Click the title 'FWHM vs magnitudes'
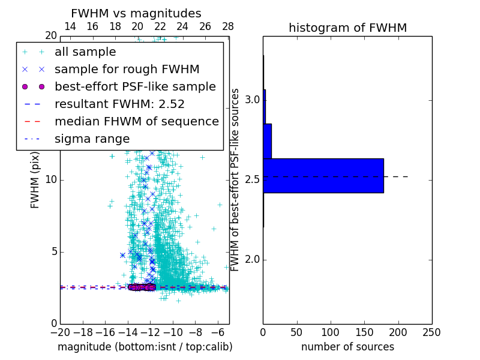[136, 13]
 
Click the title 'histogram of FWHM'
[347, 28]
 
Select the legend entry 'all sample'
[85, 52]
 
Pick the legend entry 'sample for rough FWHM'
[127, 69]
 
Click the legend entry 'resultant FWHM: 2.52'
[119, 104]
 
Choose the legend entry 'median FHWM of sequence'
[136, 121]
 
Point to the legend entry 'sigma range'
[92, 139]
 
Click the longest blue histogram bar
[323, 176]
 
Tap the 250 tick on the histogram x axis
[431, 332]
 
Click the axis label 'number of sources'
[347, 347]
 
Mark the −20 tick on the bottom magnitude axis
[60, 332]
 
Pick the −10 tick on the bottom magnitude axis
[173, 332]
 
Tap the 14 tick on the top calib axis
[70, 26]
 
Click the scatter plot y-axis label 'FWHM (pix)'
[35, 181]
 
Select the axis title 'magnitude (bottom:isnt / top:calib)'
[145, 347]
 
